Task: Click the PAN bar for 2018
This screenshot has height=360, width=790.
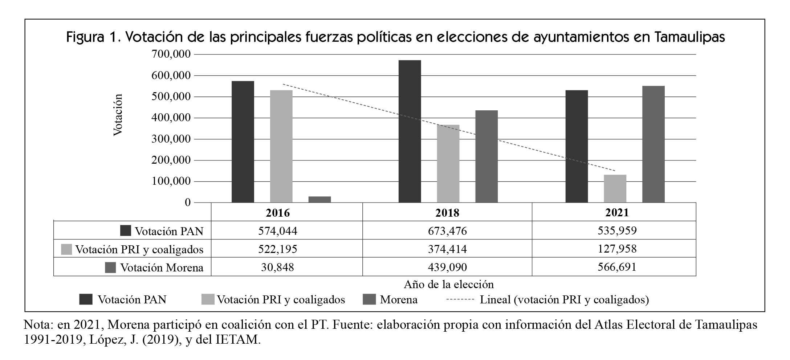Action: click(x=410, y=131)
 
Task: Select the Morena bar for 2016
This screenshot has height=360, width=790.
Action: click(x=319, y=199)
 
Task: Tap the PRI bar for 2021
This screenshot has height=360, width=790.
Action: click(x=615, y=189)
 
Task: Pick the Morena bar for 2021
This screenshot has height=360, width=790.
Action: click(x=653, y=144)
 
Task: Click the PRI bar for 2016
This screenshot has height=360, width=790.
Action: click(x=281, y=146)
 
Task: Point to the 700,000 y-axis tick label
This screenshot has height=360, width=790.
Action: click(x=172, y=54)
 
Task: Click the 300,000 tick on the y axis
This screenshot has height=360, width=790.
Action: click(x=172, y=139)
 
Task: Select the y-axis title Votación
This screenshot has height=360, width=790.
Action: click(x=118, y=115)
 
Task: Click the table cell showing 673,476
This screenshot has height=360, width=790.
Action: click(x=447, y=231)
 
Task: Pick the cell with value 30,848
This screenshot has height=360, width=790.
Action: click(x=277, y=267)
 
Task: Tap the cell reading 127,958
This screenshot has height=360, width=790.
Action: click(x=617, y=249)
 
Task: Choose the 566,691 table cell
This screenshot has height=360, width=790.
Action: click(x=617, y=267)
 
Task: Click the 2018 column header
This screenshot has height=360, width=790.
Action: click(x=447, y=213)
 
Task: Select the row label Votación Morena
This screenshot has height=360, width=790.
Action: click(x=162, y=268)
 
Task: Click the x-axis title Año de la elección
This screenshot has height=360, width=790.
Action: click(x=449, y=284)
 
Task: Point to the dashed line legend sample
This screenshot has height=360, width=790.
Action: click(x=460, y=300)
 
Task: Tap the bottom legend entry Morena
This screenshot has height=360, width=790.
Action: click(x=398, y=300)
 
